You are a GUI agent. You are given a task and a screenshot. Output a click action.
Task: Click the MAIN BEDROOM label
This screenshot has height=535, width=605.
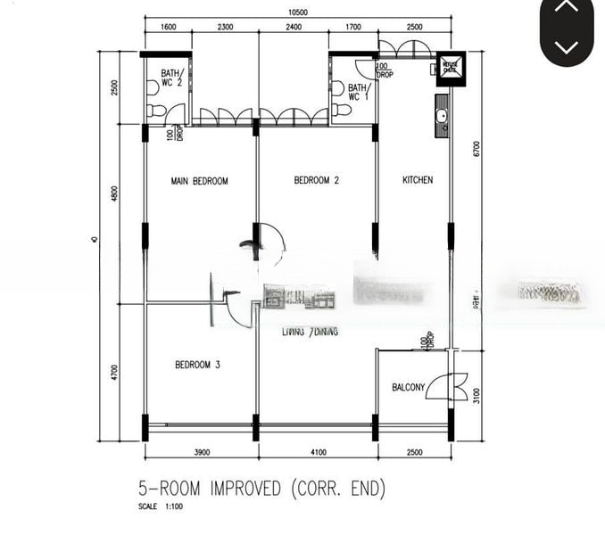199,181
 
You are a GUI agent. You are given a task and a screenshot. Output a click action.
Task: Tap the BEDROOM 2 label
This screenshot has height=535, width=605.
316,181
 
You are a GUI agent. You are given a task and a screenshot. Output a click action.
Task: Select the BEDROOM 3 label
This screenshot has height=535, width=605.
197,365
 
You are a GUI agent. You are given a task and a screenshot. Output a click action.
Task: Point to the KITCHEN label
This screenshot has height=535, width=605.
417,181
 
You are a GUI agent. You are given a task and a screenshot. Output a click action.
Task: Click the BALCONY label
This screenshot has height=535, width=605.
408,388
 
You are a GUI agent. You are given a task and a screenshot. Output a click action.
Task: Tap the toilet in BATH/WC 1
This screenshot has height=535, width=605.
340,110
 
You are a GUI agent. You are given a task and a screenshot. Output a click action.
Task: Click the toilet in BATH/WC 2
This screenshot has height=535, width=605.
156,111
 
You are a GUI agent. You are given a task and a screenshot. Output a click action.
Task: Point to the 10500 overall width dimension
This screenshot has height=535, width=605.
298,12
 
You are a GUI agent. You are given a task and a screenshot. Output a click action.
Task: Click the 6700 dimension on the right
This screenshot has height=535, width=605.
477,150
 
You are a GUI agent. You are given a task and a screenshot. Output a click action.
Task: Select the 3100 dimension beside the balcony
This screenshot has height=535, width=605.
477,393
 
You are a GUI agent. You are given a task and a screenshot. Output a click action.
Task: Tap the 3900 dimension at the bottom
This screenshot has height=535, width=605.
201,453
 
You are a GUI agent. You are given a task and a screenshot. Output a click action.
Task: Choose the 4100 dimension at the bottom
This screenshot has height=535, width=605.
319,453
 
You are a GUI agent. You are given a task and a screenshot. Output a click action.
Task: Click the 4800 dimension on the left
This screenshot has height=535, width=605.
114,194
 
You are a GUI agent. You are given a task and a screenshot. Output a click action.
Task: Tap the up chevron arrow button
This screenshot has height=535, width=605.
567,8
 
